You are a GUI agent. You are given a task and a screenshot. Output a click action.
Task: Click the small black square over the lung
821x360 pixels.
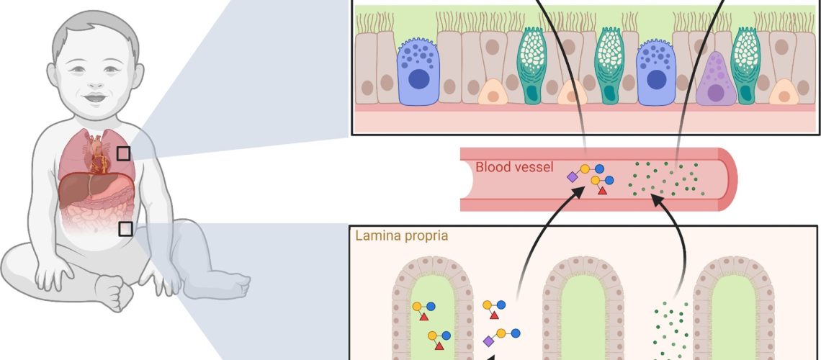tap(123, 153)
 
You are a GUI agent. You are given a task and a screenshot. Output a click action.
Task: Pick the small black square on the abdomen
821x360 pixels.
tap(125, 228)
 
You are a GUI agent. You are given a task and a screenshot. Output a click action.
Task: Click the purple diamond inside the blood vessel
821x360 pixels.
tap(572, 176)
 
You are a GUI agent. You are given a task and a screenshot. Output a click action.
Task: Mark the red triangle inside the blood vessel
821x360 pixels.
tap(602, 189)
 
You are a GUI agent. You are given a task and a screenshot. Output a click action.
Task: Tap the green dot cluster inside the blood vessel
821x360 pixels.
tap(663, 177)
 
